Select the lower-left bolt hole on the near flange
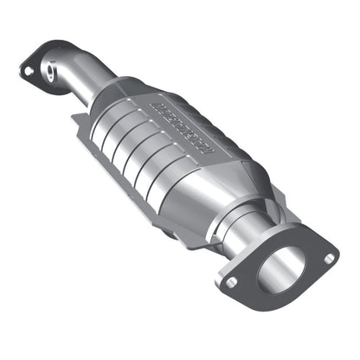pyautogui.click(x=231, y=280)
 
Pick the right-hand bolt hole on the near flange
pyautogui.click(x=330, y=257)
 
